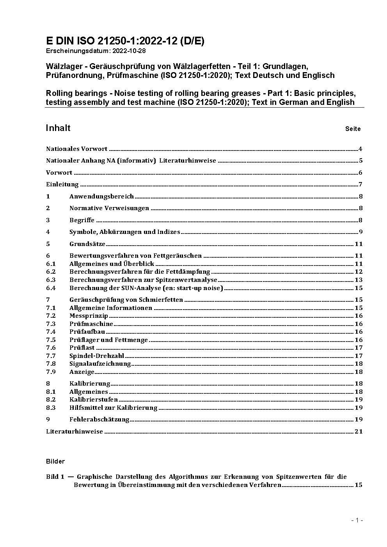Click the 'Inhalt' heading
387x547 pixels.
click(58, 128)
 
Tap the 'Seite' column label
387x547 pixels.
click(353, 129)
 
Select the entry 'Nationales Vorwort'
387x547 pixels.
click(76, 149)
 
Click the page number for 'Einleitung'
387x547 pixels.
click(360, 184)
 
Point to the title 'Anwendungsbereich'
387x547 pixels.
click(101, 196)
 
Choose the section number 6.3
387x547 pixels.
click(51, 280)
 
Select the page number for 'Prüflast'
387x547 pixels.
click(359, 348)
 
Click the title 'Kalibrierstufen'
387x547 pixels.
click(94, 400)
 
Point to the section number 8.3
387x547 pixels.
click(51, 408)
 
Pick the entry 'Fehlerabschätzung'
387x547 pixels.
click(99, 420)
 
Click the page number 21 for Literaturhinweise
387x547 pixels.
click(359, 432)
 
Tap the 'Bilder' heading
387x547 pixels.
click(55, 462)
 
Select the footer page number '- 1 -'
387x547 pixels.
click(357, 520)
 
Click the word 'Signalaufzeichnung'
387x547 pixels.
click(100, 364)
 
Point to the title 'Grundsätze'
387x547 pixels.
click(87, 244)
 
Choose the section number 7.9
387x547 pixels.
click(51, 372)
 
